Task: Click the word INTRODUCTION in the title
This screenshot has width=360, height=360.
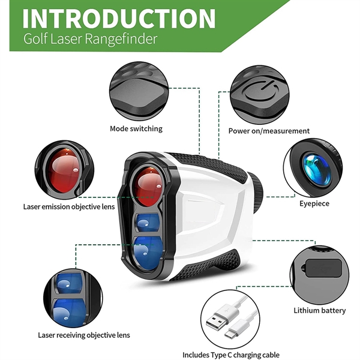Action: pyautogui.click(x=119, y=19)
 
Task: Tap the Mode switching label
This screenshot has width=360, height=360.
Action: pyautogui.click(x=136, y=128)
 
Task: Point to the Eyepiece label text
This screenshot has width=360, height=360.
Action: pyautogui.click(x=315, y=203)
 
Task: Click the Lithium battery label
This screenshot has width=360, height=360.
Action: pyautogui.click(x=319, y=310)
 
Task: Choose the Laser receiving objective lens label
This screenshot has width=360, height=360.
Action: pyautogui.click(x=84, y=335)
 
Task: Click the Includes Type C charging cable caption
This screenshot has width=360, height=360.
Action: pyautogui.click(x=231, y=355)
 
